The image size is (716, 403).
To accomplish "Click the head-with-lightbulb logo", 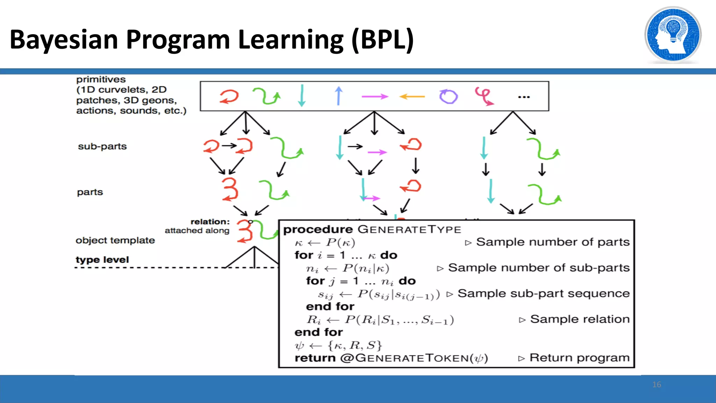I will pos(673,35).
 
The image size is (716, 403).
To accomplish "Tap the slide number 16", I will pos(657,384).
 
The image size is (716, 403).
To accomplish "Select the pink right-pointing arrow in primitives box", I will pos(374,96).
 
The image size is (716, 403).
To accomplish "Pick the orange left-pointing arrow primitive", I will pos(412,96).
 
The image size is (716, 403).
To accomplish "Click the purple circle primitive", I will pos(449,97).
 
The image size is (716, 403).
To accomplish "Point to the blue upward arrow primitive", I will pos(338,96).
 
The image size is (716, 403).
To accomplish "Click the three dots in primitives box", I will pos(524,97).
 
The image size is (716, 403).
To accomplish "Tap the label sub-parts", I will pos(102,146).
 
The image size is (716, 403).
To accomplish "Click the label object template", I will pos(115,240).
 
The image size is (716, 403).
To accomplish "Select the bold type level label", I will pos(102,260).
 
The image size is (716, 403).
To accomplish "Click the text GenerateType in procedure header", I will pos(409,229).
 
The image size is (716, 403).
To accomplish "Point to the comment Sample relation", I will pos(579,319).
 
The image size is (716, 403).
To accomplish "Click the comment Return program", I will pos(579,358).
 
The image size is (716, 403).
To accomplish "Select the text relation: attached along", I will pos(198,226).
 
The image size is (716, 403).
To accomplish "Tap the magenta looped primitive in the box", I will pos(484,96).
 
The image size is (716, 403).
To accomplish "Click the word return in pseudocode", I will pos(315,358).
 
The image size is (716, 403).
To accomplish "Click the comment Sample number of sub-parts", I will pos(538,268).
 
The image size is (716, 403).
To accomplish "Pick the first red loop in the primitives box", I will pos(229,96).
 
